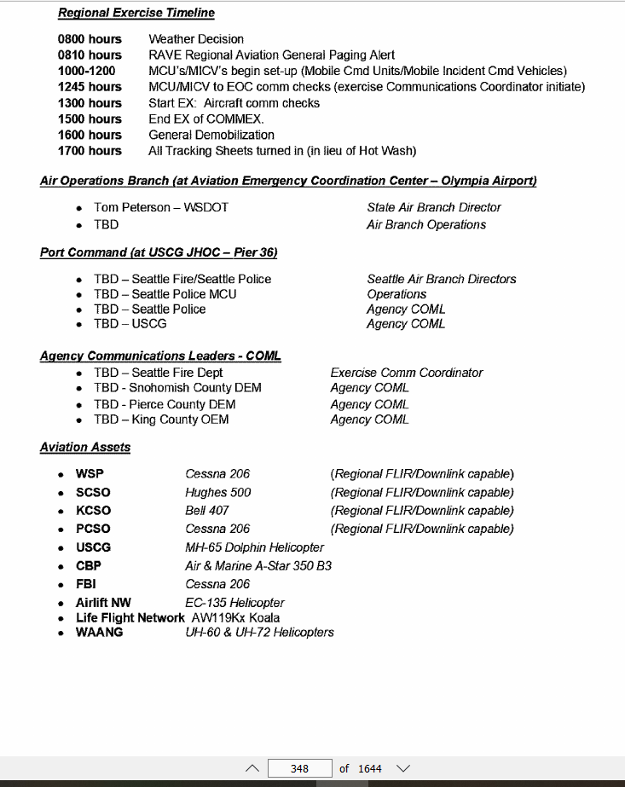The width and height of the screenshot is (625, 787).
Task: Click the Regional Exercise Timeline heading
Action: point(136,13)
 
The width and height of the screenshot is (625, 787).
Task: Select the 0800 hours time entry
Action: point(90,39)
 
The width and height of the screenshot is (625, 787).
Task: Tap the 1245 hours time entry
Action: point(90,87)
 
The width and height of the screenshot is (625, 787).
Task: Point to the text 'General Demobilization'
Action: point(211,135)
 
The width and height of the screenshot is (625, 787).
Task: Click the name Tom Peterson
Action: point(132,207)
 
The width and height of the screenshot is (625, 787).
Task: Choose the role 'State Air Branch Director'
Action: point(434,207)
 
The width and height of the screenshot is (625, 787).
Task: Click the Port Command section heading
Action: point(159,253)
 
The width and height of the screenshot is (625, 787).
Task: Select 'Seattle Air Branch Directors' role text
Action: point(442,279)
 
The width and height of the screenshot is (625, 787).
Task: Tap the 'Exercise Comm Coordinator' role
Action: point(407,373)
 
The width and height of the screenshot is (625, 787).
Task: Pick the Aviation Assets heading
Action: point(85,447)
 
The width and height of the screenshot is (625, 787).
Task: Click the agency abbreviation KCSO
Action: point(93,511)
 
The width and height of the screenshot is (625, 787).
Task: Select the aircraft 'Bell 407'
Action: point(207,511)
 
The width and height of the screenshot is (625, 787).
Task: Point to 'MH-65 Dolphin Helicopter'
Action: point(255,547)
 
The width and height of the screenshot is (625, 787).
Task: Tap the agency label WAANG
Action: point(99,633)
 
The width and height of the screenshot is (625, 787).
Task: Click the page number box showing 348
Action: point(299,768)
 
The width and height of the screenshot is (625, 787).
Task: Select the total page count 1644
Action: point(370,768)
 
